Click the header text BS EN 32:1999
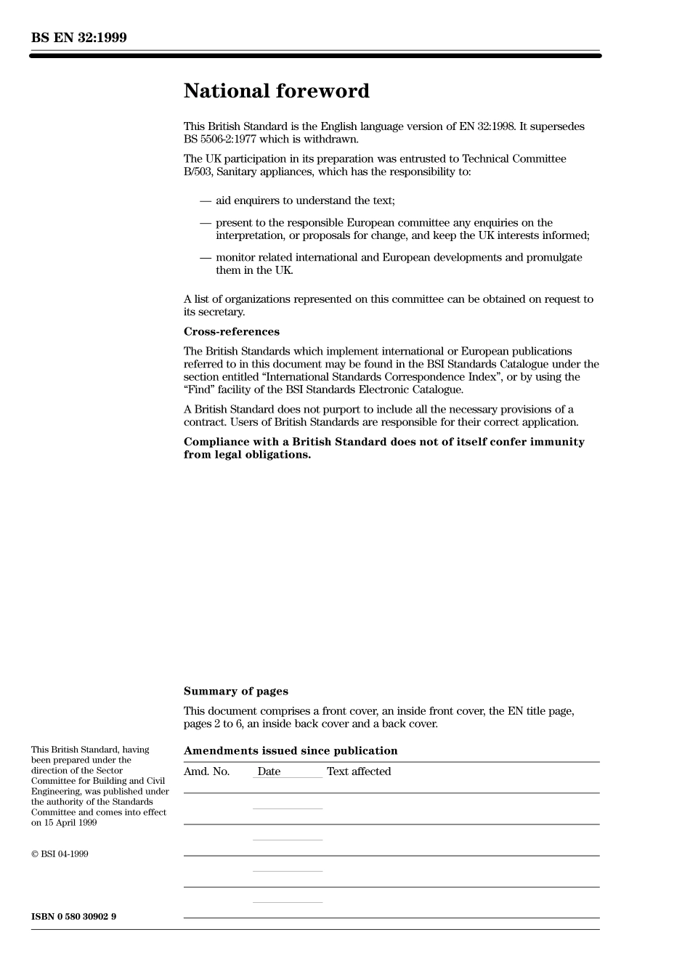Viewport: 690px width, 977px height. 78,38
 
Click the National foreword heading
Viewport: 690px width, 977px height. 276,91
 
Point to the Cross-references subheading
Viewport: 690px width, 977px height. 231,332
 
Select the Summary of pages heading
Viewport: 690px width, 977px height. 235,692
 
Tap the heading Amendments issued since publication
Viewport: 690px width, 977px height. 291,751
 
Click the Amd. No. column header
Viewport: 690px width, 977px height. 206,771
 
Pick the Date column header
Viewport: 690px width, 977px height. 269,771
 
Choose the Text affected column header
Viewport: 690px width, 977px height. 359,771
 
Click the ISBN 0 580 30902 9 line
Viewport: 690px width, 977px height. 73,917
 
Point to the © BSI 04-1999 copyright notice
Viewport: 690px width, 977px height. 60,854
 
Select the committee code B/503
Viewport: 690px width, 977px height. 198,172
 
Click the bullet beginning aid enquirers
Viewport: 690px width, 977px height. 305,200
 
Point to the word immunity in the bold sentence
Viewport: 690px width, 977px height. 558,442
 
